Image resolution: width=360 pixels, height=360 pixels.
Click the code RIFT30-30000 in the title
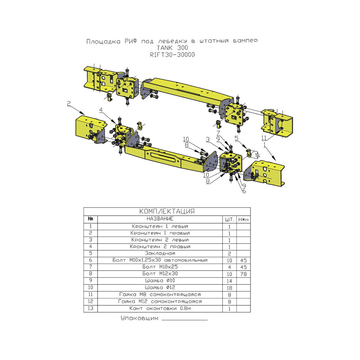pos(172,55)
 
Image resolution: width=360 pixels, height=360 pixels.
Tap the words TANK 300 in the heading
pos(172,48)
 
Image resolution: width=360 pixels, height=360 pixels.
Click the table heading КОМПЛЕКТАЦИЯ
pos(167,211)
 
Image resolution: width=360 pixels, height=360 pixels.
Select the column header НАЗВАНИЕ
pos(160,219)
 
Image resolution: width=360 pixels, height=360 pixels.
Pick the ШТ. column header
pos(229,220)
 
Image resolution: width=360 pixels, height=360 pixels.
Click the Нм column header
pos(243,220)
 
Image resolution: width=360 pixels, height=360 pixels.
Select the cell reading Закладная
pos(160,253)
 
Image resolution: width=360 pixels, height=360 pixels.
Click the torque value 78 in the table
pos(243,274)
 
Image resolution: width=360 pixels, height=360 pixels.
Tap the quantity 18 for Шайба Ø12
pos(229,288)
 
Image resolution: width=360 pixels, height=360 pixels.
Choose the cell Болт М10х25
pos(160,267)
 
